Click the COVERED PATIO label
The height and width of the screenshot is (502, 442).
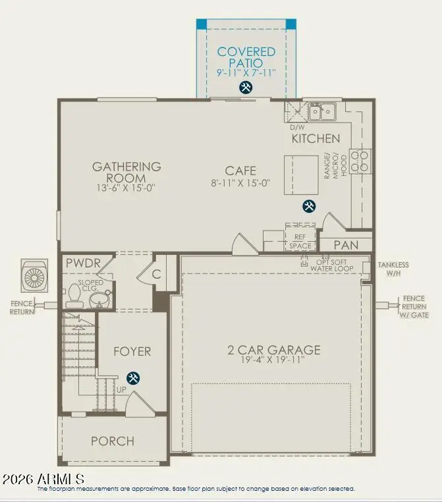click(x=246, y=57)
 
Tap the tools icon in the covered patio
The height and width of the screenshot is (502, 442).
click(x=246, y=88)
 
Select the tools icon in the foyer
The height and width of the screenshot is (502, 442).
click(x=133, y=377)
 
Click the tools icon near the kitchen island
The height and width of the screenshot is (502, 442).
click(x=308, y=206)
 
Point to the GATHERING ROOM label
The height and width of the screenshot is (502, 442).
click(x=126, y=173)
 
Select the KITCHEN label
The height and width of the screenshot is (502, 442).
click(x=316, y=138)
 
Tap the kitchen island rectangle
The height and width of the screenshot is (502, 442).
click(x=302, y=175)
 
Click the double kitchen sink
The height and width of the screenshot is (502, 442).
click(x=322, y=111)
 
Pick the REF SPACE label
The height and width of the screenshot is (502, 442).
click(x=300, y=242)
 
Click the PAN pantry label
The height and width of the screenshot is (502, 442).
click(x=346, y=244)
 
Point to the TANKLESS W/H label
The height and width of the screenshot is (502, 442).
click(x=393, y=269)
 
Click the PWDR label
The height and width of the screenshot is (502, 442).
click(x=83, y=264)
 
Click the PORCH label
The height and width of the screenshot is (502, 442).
click(x=113, y=441)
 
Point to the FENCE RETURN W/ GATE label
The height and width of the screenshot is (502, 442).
click(x=414, y=306)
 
